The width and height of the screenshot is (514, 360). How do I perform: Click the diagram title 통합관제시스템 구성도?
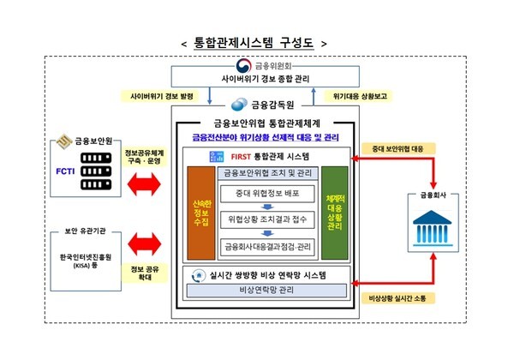point(257,41)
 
